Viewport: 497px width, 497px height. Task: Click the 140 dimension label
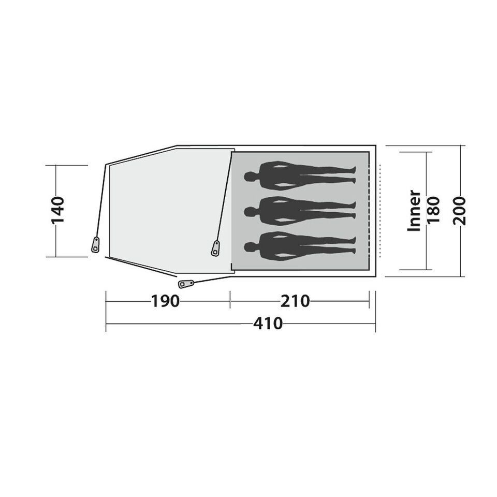57,210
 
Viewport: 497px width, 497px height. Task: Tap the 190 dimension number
166,301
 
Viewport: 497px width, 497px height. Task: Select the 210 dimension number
295,301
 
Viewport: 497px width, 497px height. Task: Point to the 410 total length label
268,324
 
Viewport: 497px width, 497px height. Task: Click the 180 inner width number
434,210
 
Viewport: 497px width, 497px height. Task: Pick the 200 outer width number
460,211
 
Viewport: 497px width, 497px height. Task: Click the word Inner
414,211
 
